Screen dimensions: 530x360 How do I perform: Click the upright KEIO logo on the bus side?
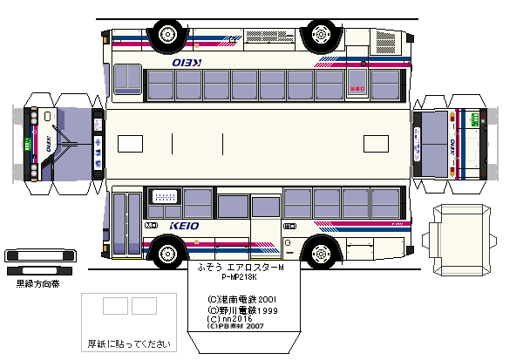(185, 226)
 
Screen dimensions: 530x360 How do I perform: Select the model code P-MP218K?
(244, 278)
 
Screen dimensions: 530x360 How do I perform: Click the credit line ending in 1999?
(242, 309)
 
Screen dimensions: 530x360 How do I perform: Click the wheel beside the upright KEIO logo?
(165, 250)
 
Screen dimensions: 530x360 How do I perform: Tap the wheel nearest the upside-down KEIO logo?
(165, 33)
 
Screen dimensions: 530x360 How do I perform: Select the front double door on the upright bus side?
(126, 225)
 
